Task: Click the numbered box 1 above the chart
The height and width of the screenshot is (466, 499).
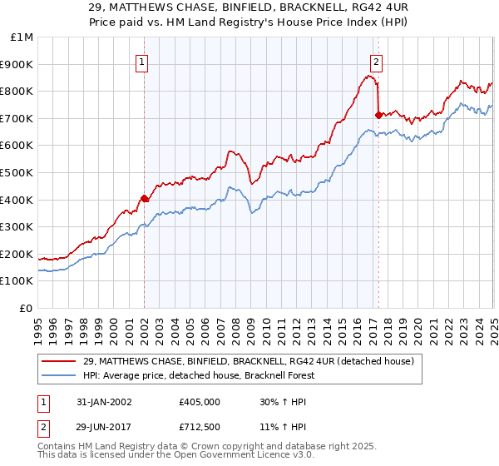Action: [142, 61]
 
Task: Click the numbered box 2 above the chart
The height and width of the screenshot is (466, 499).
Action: [377, 61]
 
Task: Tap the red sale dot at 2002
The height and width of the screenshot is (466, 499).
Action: [144, 198]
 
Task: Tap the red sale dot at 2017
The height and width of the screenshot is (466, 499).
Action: [378, 114]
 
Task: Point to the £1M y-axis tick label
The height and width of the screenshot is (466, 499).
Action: [22, 37]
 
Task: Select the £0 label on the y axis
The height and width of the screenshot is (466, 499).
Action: [27, 308]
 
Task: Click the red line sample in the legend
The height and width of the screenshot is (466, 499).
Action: [59, 360]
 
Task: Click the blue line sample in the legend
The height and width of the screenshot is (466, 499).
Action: [59, 374]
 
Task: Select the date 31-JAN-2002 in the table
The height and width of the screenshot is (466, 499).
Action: [102, 401]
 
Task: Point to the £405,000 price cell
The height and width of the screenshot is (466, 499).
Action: [198, 401]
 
